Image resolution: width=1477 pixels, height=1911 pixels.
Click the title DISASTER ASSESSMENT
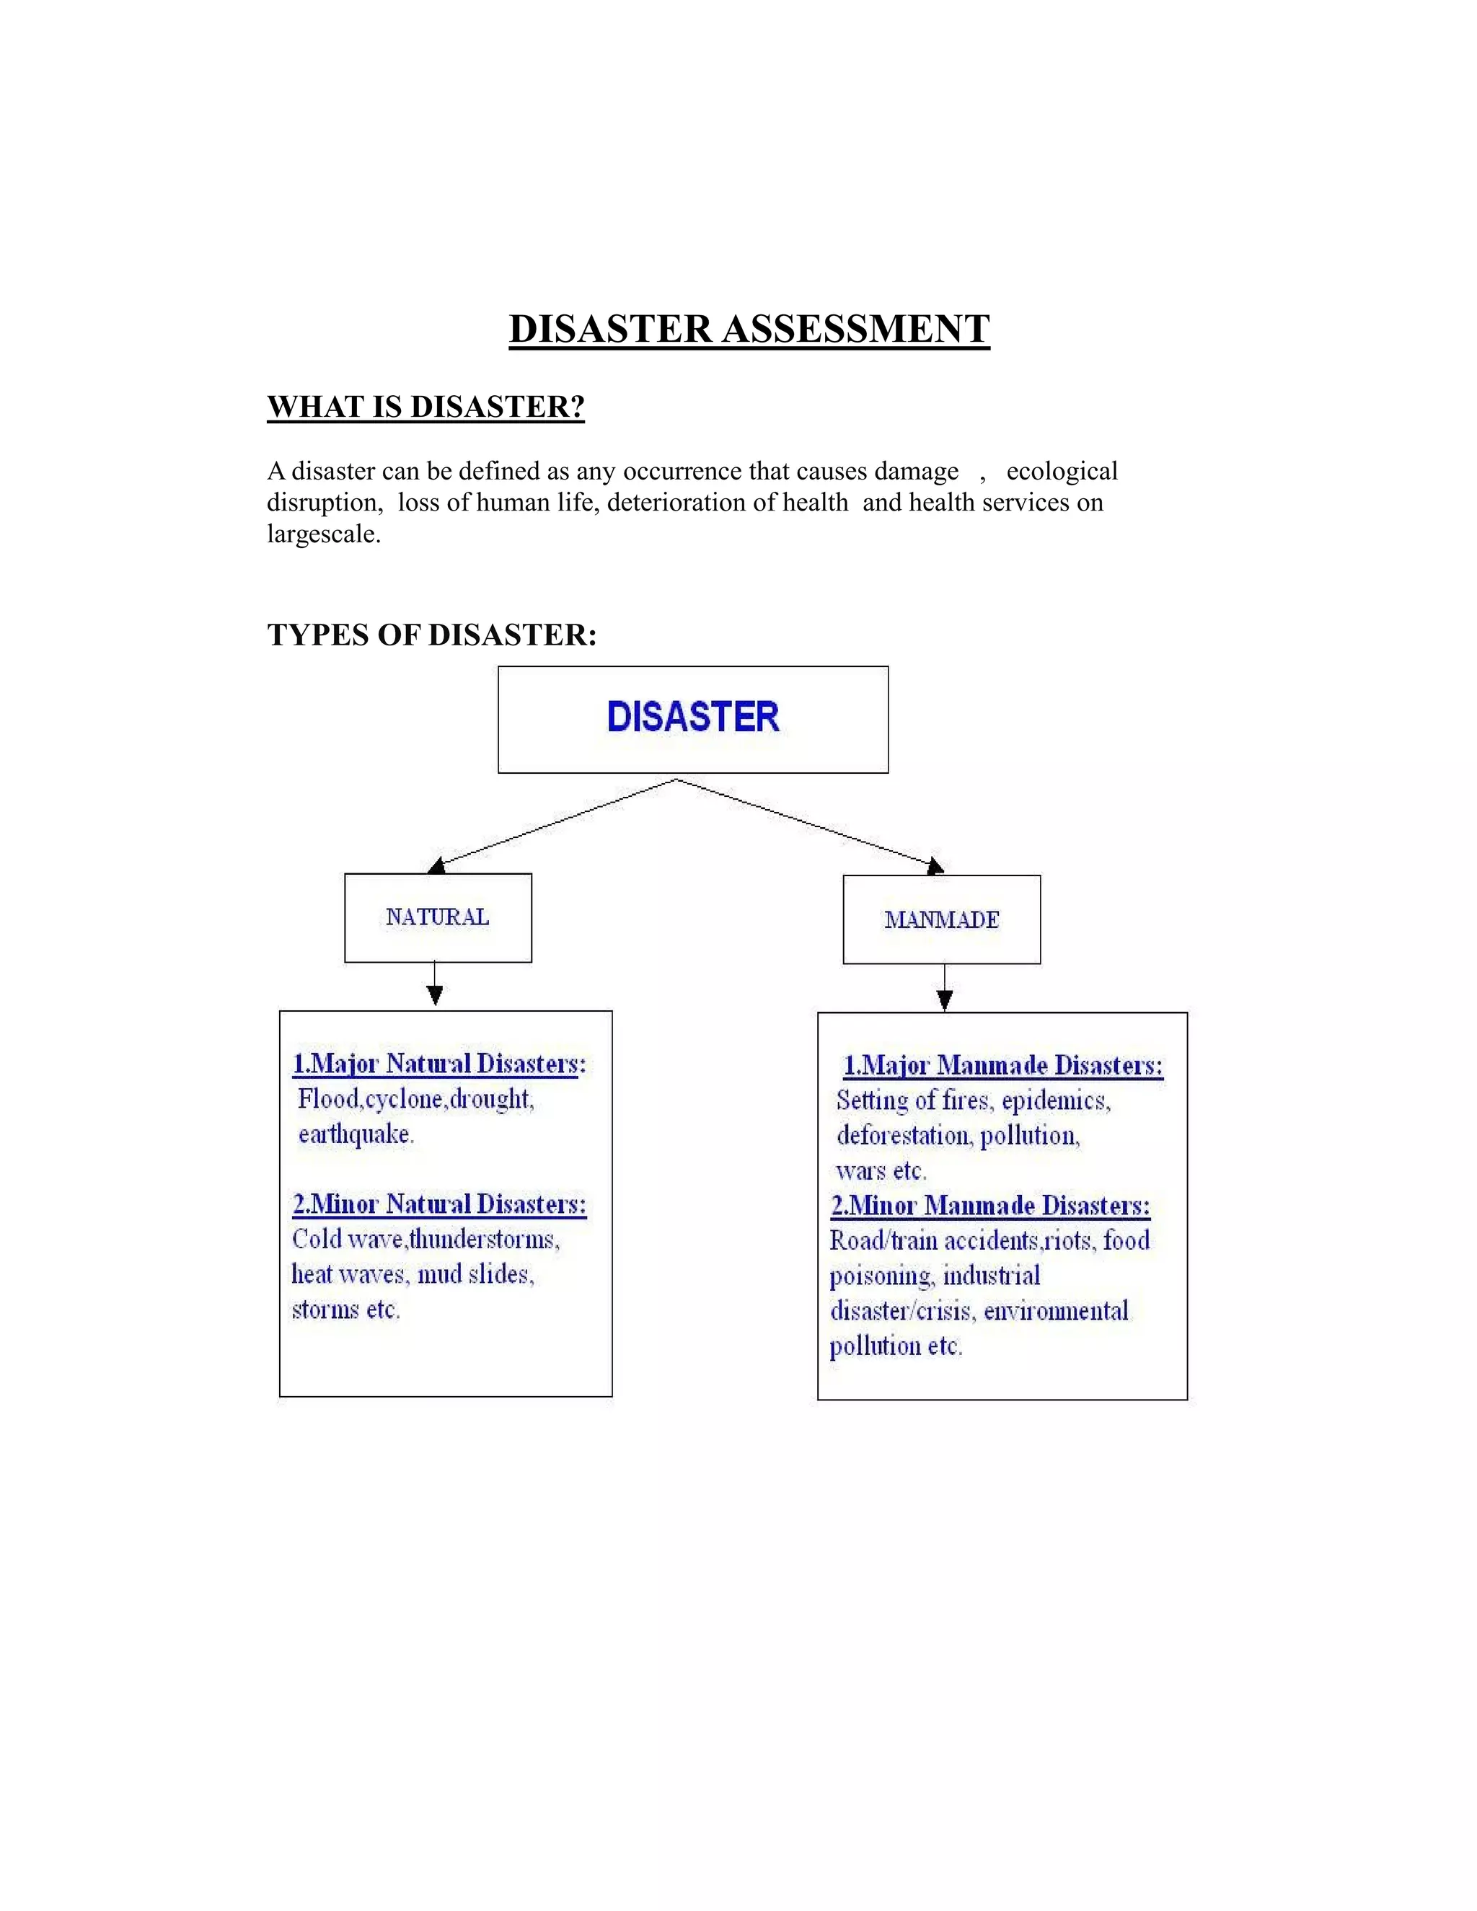coord(749,329)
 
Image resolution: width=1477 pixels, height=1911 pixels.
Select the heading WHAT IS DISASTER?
coord(426,407)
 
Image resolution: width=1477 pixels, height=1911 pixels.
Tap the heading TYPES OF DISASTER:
coord(431,635)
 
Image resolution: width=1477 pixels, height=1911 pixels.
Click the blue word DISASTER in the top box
coord(693,717)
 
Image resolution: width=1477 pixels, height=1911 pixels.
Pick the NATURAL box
coord(438,917)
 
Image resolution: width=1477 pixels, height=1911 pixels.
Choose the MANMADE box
coord(941,919)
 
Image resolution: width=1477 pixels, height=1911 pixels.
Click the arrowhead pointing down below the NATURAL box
coord(435,995)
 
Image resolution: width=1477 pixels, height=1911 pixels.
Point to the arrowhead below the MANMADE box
coord(944,999)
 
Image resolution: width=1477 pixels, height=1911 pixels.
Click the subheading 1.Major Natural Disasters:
coord(439,1064)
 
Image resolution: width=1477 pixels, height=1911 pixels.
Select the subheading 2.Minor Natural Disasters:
coord(439,1205)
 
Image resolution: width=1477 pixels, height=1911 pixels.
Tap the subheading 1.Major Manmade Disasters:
coord(1002,1066)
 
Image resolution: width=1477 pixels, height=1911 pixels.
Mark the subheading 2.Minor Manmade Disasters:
coord(990,1206)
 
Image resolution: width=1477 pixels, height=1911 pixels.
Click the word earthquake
coord(356,1135)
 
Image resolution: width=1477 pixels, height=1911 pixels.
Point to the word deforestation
coord(904,1136)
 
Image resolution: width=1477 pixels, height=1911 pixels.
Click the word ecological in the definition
coord(1062,472)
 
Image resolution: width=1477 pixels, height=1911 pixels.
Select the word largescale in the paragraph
coord(323,534)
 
